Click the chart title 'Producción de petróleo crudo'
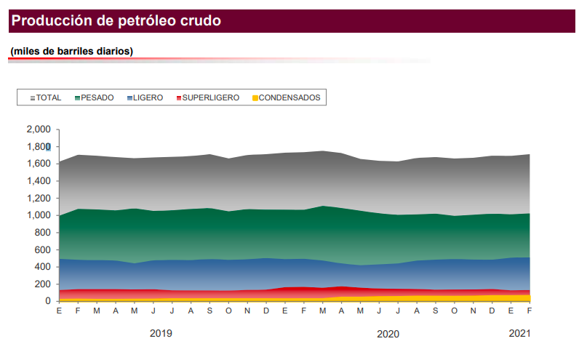point(116,21)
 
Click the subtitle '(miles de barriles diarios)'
point(71,52)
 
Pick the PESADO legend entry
point(95,97)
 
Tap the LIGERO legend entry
point(145,97)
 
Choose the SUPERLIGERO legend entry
point(207,97)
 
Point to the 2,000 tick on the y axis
point(38,129)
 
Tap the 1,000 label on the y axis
point(38,215)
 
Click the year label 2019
point(161,334)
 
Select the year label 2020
point(388,334)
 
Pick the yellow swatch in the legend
point(255,97)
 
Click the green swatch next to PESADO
point(77,97)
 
